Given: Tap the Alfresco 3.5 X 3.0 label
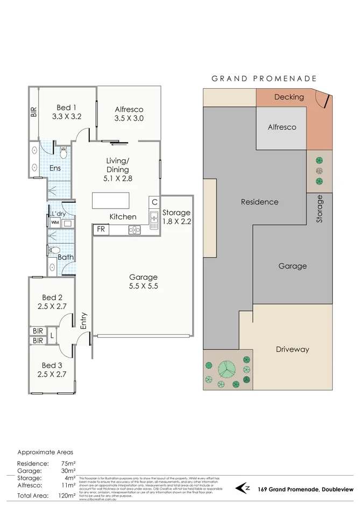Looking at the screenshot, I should pos(129,114).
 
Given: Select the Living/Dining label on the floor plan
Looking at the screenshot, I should pos(117,165).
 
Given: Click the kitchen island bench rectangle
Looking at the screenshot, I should pos(111,200).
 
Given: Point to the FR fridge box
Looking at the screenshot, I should pos(101,229).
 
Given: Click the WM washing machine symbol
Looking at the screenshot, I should pos(54,222).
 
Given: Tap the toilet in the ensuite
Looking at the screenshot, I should pos(63,154).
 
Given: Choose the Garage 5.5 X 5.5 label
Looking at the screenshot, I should pos(143,282).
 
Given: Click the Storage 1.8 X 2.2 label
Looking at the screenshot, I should pos(177,217).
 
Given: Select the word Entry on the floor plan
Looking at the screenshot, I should pos(83,321).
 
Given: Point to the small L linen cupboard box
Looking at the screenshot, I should pos(52,335).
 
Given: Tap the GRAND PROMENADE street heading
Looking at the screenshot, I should pos(264,79).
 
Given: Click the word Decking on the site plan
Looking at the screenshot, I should pos(289,97).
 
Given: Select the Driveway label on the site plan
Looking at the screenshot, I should pos(292,349).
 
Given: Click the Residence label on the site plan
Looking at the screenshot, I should pos(259,202).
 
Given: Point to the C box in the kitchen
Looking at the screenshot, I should pos(154,202).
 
